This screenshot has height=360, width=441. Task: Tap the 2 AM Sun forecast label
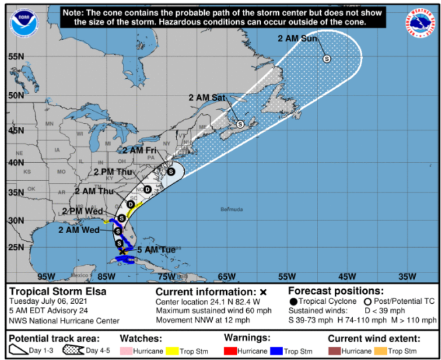[298, 39]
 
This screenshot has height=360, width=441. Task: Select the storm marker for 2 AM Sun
[327, 59]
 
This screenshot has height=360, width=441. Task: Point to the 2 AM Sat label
[207, 98]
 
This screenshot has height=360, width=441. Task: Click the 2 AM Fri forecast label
[139, 150]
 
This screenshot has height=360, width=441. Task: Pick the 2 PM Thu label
[113, 172]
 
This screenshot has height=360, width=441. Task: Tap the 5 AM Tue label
[156, 250]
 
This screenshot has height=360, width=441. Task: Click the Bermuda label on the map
[232, 210]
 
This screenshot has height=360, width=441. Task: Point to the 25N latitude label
[16, 247]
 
